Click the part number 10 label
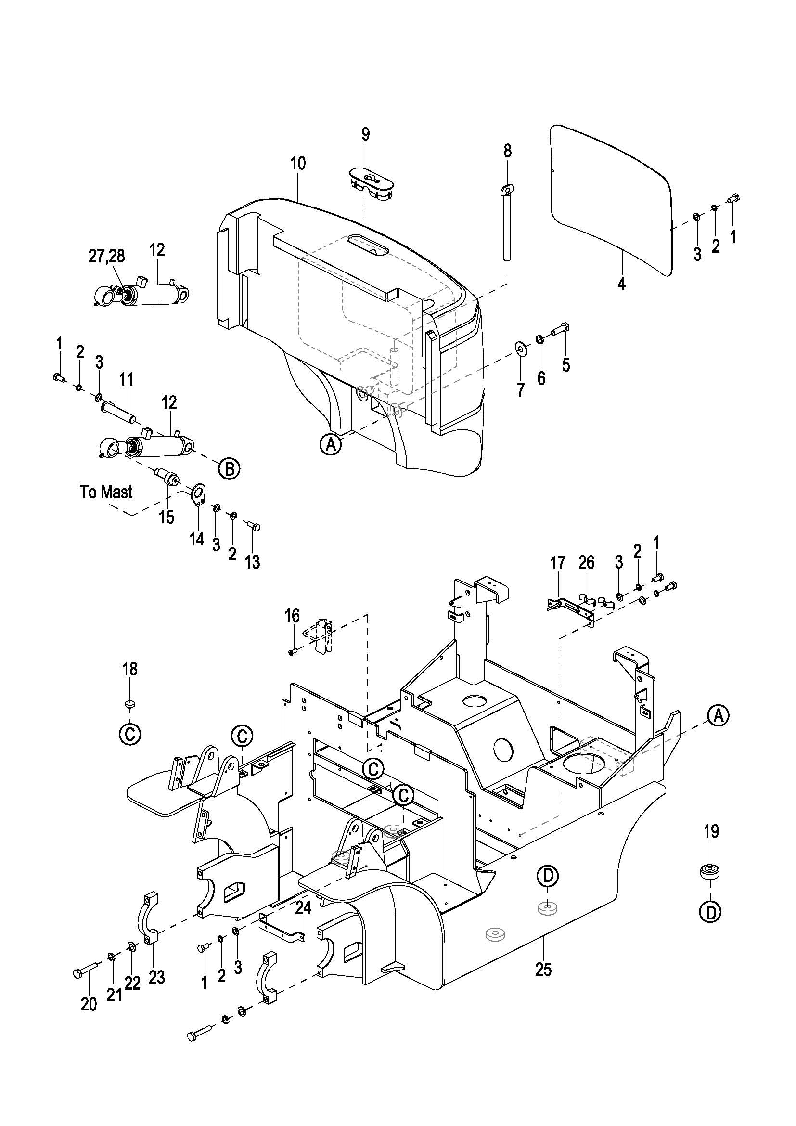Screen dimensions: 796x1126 (298, 163)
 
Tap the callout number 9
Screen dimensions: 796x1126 (366, 134)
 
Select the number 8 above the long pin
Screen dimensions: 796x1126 (507, 151)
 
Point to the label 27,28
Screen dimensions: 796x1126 (106, 256)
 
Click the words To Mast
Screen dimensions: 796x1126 (106, 492)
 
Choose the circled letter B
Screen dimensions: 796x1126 (229, 469)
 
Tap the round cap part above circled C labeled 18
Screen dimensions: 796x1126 (129, 705)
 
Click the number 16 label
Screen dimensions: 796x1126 (293, 616)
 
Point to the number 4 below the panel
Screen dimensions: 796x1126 (621, 284)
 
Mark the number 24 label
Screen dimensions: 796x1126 (303, 908)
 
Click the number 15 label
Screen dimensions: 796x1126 (167, 517)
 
